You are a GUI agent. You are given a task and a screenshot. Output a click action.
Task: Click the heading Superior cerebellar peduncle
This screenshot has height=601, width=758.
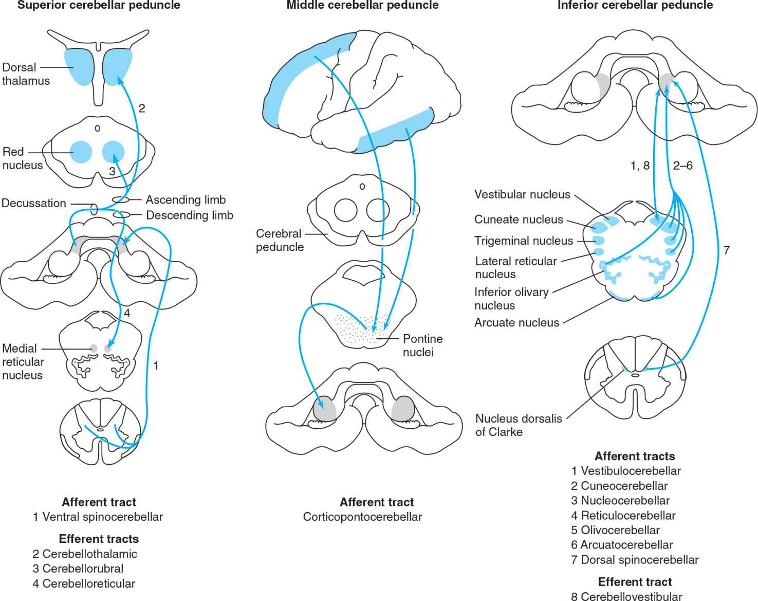(x=99, y=6)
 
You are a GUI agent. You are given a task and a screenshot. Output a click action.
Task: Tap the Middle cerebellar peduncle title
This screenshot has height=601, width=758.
(x=362, y=6)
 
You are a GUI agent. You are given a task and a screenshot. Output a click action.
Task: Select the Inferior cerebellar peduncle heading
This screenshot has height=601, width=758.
(x=635, y=6)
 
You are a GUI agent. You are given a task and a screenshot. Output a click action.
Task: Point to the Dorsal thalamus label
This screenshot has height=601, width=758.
(x=26, y=74)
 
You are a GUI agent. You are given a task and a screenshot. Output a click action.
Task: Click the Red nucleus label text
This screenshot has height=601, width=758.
(x=22, y=158)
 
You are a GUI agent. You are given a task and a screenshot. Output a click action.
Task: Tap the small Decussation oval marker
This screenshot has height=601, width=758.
(x=94, y=209)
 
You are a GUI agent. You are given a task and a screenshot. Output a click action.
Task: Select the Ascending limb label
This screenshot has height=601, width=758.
(x=186, y=199)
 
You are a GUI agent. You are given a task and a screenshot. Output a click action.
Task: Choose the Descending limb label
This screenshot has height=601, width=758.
(x=190, y=215)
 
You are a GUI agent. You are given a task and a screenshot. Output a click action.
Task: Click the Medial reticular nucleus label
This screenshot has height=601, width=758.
(x=23, y=361)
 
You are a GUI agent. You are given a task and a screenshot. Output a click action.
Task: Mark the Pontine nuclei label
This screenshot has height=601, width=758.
(x=422, y=345)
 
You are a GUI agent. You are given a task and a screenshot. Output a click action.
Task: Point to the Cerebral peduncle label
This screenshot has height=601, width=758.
(x=280, y=240)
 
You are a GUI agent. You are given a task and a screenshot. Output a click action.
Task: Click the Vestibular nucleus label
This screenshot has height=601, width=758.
(x=522, y=194)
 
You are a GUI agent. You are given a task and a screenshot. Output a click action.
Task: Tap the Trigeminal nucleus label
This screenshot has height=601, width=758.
(x=524, y=241)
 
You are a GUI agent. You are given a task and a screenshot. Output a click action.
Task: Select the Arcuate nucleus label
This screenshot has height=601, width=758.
(x=516, y=322)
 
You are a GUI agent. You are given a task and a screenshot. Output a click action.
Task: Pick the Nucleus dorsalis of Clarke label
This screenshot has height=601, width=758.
(x=518, y=425)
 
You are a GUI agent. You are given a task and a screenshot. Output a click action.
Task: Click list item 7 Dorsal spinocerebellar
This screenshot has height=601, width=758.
(x=635, y=560)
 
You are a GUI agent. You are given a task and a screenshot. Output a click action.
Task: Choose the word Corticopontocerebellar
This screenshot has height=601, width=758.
(x=362, y=517)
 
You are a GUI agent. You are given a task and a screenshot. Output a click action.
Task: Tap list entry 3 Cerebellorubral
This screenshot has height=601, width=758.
(x=78, y=569)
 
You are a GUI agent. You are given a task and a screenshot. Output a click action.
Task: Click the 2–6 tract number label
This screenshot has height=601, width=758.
(x=682, y=166)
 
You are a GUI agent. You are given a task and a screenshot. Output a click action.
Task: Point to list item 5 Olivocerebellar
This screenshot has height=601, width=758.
(x=615, y=530)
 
